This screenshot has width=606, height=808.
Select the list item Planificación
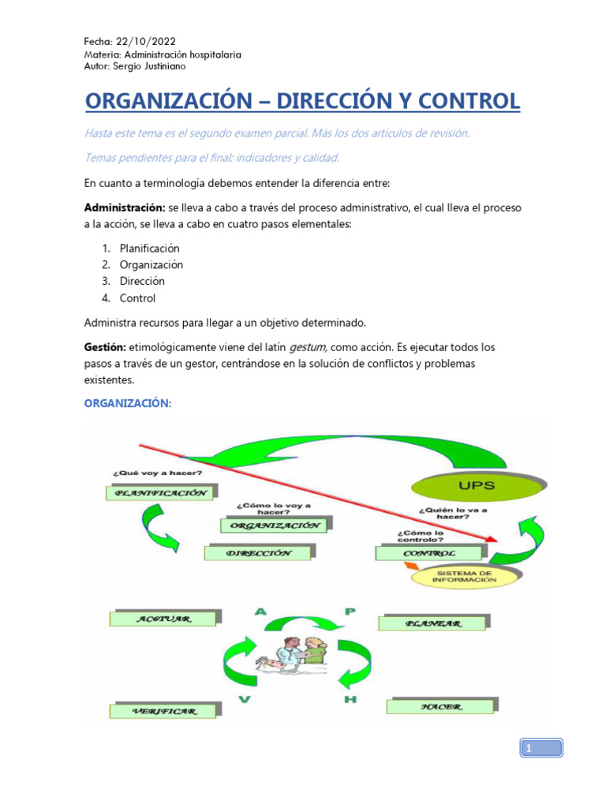pyautogui.click(x=150, y=248)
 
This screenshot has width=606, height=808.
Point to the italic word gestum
pyautogui.click(x=307, y=346)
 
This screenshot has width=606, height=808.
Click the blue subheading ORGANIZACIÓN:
pyautogui.click(x=127, y=403)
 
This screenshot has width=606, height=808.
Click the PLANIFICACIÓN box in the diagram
pyautogui.click(x=160, y=493)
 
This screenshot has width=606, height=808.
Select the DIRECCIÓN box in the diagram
pyautogui.click(x=258, y=553)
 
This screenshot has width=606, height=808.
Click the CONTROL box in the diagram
pyautogui.click(x=428, y=553)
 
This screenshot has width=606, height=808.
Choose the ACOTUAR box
pyautogui.click(x=164, y=619)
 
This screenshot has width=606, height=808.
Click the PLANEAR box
pyautogui.click(x=432, y=623)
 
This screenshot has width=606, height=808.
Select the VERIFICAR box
pyautogui.click(x=164, y=711)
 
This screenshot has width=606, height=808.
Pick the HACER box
pyautogui.click(x=441, y=706)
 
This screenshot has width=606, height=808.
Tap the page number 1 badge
pyautogui.click(x=541, y=747)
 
